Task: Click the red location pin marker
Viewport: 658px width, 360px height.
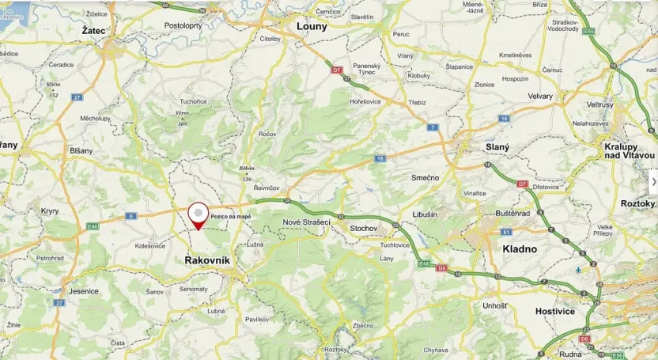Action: coord(198,214)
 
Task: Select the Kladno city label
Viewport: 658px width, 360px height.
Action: coord(519,248)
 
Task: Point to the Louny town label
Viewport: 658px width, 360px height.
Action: coord(311,26)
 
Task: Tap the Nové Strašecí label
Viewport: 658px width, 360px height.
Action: coord(306,222)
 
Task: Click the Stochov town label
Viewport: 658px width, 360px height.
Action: coord(364,228)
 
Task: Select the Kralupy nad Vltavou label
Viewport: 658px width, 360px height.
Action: coord(630,150)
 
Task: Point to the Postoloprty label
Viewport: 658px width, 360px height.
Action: coord(183,25)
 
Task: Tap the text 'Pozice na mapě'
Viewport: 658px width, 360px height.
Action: coord(230,217)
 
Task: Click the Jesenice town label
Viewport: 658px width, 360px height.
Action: coord(84,291)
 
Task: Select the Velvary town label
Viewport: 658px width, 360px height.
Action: coord(541,97)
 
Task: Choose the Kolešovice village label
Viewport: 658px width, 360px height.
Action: coord(150,245)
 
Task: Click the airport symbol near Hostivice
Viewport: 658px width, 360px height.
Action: coord(580,269)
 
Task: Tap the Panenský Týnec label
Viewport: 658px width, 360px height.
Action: coord(367,70)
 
